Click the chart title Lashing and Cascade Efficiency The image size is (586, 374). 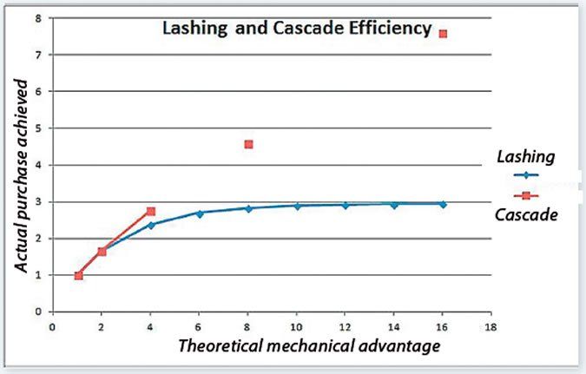click(x=297, y=29)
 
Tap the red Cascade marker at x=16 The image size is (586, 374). click(x=444, y=34)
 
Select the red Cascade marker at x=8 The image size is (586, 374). click(x=248, y=144)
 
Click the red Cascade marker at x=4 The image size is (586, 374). click(x=151, y=211)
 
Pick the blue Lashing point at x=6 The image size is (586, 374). click(x=200, y=213)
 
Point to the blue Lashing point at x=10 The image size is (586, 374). click(x=297, y=206)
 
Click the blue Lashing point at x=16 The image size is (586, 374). click(x=444, y=204)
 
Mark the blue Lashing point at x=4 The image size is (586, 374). click(x=151, y=225)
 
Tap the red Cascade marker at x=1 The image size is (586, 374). click(x=78, y=276)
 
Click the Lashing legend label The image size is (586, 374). click(x=525, y=157)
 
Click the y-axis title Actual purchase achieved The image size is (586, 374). click(x=22, y=178)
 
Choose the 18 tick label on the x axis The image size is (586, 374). click(x=492, y=327)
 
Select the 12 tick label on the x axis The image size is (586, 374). click(x=346, y=327)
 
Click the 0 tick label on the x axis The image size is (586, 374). click(x=52, y=327)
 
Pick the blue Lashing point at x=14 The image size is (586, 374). click(x=394, y=205)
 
